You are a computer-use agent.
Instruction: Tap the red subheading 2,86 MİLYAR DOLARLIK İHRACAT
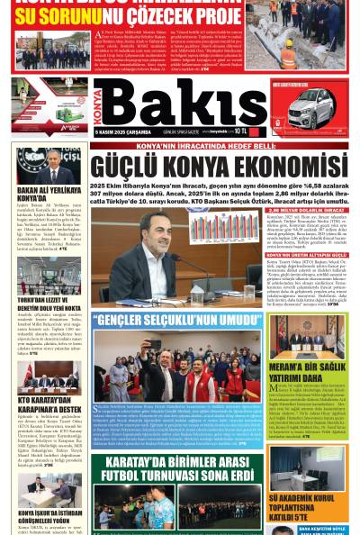[305, 186]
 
